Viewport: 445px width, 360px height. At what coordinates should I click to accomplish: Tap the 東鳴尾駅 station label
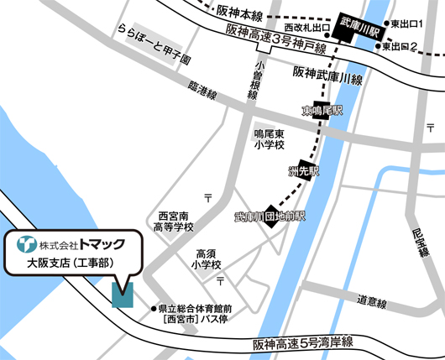point(323,111)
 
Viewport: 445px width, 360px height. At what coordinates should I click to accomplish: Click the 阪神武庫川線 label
point(327,80)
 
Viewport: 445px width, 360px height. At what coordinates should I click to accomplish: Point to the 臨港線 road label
point(202,87)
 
